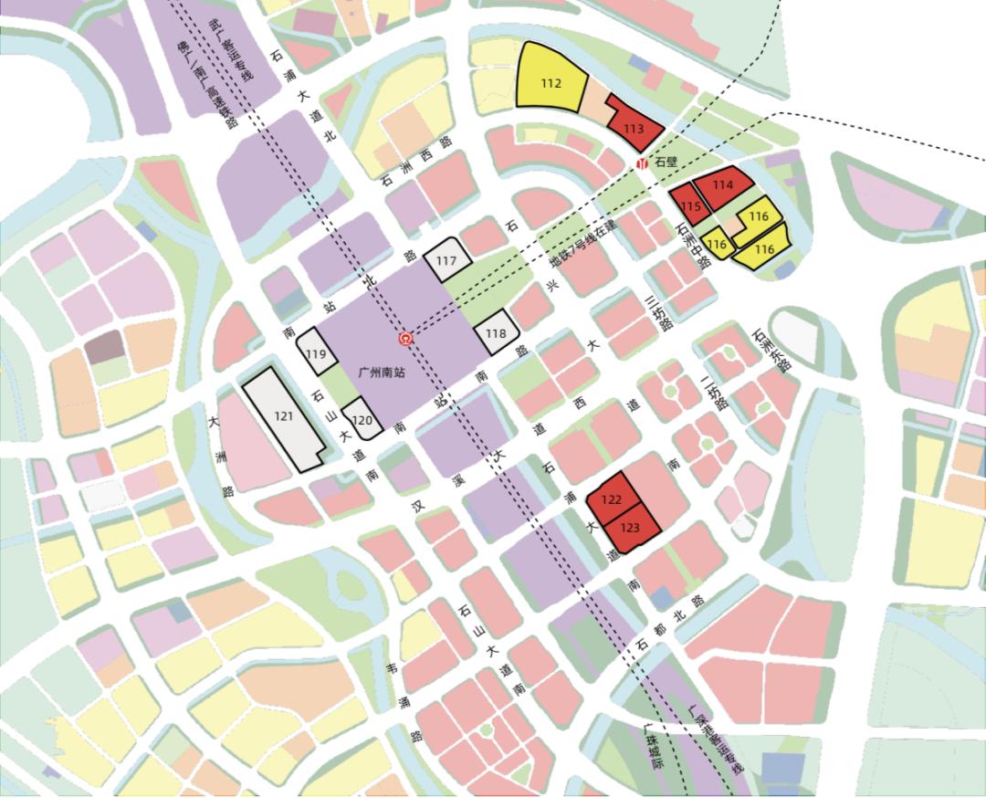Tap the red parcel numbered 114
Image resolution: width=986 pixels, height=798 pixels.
(722, 185)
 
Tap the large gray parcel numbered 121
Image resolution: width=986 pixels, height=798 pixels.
(283, 416)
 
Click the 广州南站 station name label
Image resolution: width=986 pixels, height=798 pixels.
(383, 373)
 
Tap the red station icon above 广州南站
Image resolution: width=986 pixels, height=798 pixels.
(407, 339)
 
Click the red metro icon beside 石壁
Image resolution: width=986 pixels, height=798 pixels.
(643, 163)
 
